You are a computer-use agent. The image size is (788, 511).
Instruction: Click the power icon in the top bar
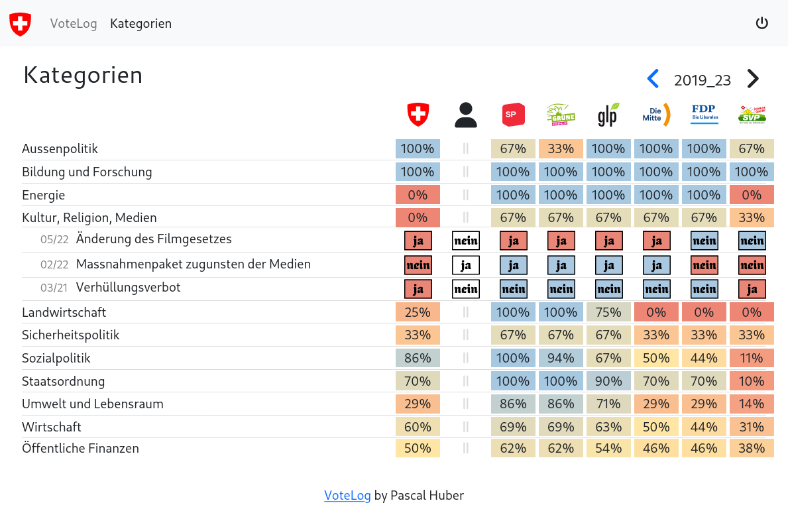point(762,23)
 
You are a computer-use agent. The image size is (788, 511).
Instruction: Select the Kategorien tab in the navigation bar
point(141,24)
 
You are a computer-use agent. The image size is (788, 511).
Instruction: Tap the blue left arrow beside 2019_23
point(653,79)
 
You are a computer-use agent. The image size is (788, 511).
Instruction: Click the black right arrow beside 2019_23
point(753,79)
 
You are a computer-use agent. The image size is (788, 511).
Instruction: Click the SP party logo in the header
point(514,115)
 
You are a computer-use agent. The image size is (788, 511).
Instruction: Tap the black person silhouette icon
point(466,115)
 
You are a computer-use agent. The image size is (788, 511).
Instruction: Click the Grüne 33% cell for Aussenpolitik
point(561,148)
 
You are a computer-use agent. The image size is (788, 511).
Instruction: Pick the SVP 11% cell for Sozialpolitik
point(752,358)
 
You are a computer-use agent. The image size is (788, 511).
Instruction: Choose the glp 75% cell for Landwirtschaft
point(608,312)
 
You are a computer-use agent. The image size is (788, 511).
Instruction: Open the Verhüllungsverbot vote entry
point(128,288)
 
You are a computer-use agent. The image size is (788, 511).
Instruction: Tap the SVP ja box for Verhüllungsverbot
point(752,289)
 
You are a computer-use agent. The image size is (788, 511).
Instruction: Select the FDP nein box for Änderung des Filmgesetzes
point(704,241)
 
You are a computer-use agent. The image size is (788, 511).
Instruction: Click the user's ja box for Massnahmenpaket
point(466,265)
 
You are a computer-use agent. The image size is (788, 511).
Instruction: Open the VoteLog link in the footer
point(347,495)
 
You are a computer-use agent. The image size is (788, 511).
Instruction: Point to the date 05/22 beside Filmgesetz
point(54,239)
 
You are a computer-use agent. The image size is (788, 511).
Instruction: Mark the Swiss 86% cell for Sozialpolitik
point(418,358)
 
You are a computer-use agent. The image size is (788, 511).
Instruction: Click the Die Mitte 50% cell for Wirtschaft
point(656,427)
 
